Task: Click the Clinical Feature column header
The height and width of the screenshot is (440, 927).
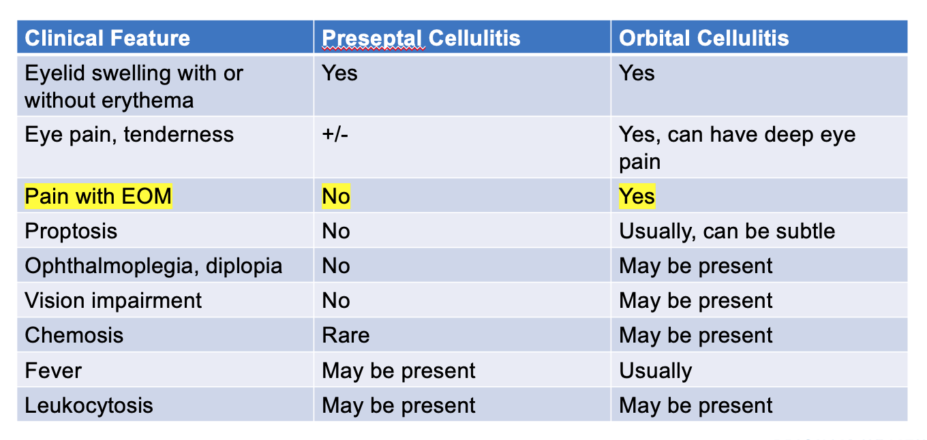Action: point(107,37)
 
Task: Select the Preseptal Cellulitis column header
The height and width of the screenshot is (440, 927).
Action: point(421,37)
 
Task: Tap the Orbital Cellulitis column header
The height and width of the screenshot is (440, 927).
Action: point(703,37)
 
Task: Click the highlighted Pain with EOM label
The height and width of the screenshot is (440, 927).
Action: point(98,197)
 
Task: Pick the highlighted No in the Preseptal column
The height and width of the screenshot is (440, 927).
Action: point(336,197)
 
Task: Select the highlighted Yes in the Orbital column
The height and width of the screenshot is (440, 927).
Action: point(637,197)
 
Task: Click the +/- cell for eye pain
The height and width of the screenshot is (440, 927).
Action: point(336,134)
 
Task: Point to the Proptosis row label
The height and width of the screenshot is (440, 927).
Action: point(71,231)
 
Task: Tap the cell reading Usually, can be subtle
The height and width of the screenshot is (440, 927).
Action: point(727,231)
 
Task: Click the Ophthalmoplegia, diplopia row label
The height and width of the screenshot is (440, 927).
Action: point(153,266)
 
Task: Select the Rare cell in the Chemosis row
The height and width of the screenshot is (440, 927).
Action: point(346,335)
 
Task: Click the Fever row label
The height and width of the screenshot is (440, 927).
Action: point(53,371)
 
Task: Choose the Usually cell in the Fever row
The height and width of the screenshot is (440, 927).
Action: point(655,371)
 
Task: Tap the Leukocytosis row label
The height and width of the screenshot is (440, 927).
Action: point(89,405)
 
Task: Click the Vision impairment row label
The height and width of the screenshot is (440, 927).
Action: point(113,300)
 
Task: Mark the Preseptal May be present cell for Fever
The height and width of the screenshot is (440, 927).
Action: point(399,371)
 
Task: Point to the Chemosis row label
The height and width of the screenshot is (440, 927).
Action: point(74,335)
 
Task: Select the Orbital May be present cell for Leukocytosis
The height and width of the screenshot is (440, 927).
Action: point(695,405)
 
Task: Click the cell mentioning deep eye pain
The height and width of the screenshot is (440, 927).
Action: point(736,147)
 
